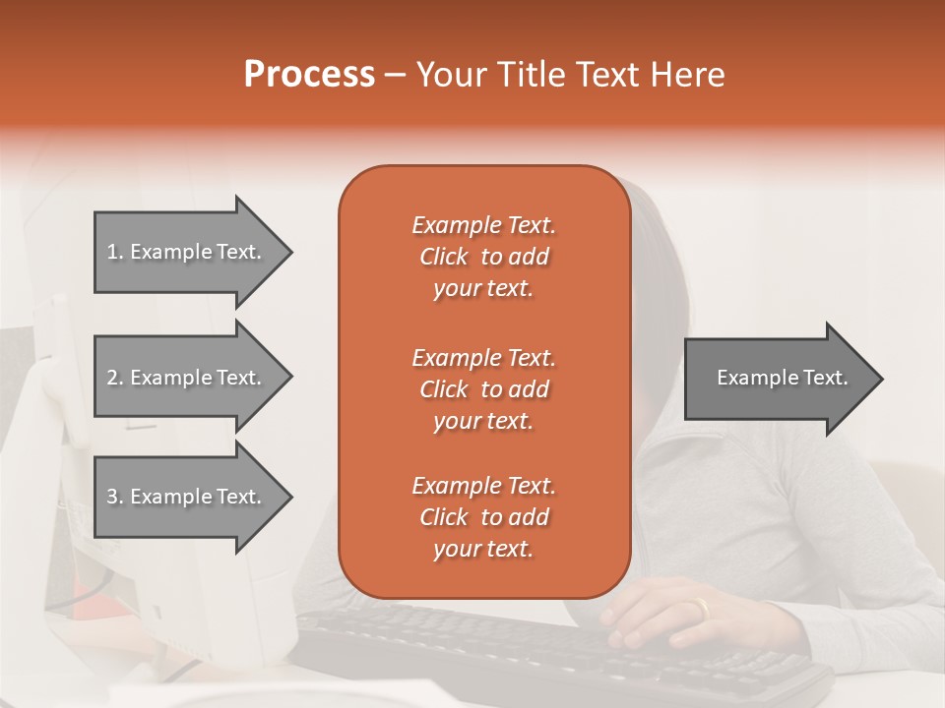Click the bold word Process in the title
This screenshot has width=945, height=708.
tap(309, 75)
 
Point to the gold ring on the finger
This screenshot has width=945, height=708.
tap(701, 609)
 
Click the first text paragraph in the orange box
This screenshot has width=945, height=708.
tap(483, 257)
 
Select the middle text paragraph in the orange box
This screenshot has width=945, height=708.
tap(483, 389)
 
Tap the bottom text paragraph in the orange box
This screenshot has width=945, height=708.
tap(483, 517)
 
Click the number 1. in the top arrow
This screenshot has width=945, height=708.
tap(115, 252)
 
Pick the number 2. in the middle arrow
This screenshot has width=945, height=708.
tap(115, 378)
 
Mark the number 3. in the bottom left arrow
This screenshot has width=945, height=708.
tap(115, 497)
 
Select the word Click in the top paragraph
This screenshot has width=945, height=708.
tap(444, 257)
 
